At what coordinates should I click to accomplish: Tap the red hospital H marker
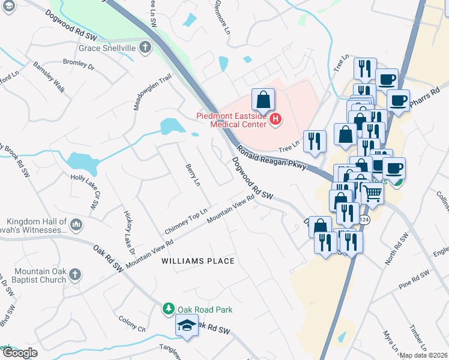[x=275, y=119]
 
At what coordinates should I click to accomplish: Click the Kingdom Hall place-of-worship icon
[x=76, y=225]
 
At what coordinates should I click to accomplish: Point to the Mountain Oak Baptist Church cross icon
[x=75, y=275]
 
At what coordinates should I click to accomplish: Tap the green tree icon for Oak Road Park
[x=169, y=309]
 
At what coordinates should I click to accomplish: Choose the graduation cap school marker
[x=187, y=326]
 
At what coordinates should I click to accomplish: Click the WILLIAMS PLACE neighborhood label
[x=197, y=261]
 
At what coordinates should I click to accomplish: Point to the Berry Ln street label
[x=192, y=175]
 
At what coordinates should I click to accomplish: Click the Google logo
[x=20, y=353]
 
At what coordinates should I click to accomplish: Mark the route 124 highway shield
[x=364, y=220]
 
